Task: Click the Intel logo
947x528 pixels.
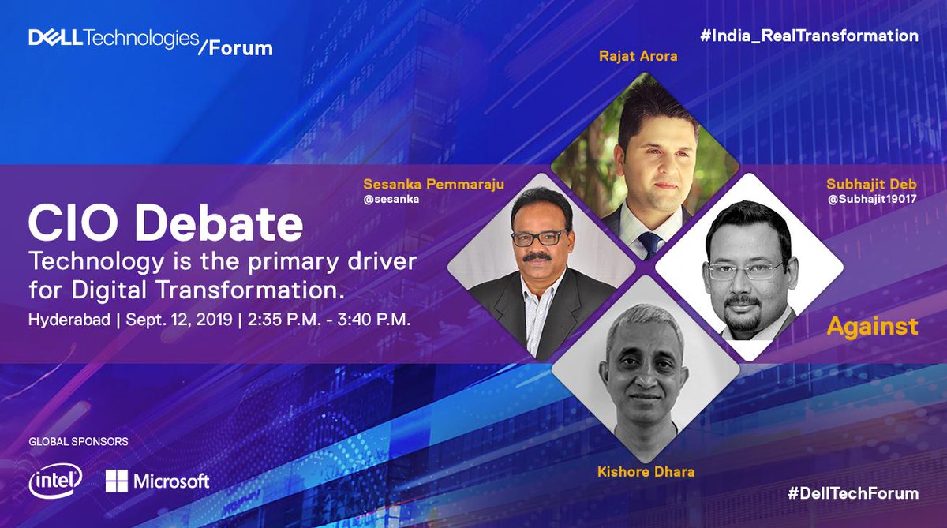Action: (54, 481)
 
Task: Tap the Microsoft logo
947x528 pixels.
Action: (157, 481)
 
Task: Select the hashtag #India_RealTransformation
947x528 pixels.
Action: (809, 36)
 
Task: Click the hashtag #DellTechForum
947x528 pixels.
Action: (853, 493)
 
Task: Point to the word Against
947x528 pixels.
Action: (872, 326)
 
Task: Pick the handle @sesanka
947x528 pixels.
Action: (391, 200)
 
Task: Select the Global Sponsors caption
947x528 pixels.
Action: (78, 441)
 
